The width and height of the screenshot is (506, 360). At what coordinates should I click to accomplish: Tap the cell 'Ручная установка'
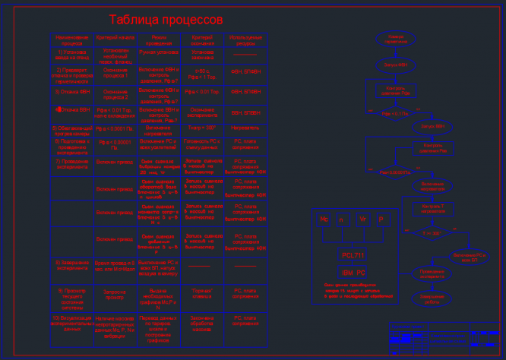click(159, 53)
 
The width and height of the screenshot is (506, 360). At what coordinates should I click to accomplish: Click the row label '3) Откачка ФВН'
click(72, 91)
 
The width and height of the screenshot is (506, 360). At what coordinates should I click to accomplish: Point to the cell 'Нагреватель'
click(245, 128)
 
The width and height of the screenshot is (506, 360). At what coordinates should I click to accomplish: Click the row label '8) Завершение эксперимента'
click(72, 265)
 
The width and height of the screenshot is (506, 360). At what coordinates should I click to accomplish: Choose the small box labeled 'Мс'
click(324, 219)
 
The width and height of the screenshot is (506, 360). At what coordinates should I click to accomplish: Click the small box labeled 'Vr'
click(362, 219)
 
